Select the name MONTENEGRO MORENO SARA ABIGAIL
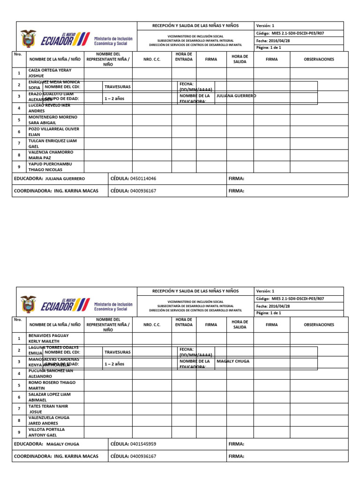(x=52, y=120)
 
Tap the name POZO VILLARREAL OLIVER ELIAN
(x=53, y=131)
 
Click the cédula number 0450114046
(x=143, y=179)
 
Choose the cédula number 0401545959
(x=143, y=444)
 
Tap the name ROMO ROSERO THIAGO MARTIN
(x=52, y=385)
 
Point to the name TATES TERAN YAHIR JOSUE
(x=48, y=409)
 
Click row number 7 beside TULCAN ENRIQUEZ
(x=19, y=143)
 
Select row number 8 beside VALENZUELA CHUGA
(x=19, y=420)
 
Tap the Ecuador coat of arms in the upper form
(x=28, y=39)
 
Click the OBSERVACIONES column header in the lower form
(x=319, y=324)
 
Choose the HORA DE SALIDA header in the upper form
(x=240, y=59)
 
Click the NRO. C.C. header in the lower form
(x=152, y=324)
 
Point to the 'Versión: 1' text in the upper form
(x=266, y=26)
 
